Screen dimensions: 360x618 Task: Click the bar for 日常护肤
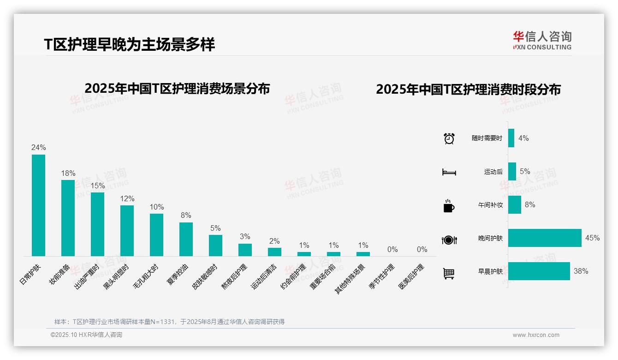(x=38, y=205)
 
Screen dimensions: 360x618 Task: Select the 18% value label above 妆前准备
(x=68, y=174)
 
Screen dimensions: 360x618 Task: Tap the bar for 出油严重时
(x=97, y=224)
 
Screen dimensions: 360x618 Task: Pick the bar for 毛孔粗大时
(x=156, y=235)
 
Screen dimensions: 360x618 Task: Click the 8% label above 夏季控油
(x=186, y=216)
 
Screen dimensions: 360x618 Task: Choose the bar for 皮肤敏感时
(x=215, y=246)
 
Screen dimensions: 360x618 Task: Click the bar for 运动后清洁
(x=274, y=252)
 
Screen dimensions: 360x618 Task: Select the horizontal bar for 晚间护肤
(x=545, y=238)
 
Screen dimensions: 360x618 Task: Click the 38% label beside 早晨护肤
(x=581, y=271)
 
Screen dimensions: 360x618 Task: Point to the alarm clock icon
(x=449, y=138)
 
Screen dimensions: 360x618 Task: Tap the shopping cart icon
(x=449, y=274)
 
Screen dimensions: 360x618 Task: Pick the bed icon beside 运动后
(x=449, y=172)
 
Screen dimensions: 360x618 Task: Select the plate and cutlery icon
(x=449, y=240)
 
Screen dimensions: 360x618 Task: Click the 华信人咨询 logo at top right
(x=542, y=40)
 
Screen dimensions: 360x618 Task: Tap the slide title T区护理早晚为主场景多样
(x=129, y=45)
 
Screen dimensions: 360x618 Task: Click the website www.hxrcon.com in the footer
(x=536, y=335)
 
